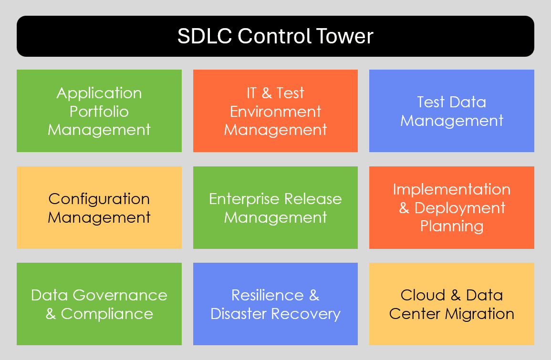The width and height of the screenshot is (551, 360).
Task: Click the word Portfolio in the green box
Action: [99, 111]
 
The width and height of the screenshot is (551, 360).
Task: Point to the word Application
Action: [99, 93]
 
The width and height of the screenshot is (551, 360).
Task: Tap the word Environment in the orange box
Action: [275, 111]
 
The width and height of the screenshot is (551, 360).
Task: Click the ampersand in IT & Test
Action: [267, 93]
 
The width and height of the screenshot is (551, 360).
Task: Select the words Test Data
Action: [451, 102]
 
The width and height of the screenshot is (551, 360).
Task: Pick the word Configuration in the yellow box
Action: [99, 198]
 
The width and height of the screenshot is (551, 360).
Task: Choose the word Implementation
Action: [451, 189]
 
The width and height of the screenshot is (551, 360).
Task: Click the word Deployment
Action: [460, 208]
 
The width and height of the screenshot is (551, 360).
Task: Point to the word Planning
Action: [451, 226]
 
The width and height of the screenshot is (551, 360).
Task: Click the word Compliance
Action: [107, 314]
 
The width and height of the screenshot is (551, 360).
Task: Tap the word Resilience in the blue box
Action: [267, 295]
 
